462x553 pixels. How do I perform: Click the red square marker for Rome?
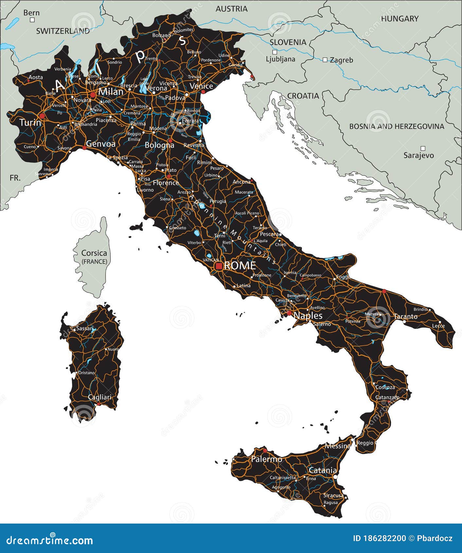[219, 266]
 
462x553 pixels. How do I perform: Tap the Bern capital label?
[31, 13]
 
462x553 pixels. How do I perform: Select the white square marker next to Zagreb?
[325, 60]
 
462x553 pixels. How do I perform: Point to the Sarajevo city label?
[418, 155]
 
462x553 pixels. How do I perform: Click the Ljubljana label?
[280, 59]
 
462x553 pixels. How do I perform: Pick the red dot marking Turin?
[42, 116]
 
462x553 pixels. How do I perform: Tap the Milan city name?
[111, 92]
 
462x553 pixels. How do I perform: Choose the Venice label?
[201, 86]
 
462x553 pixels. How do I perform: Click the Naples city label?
[308, 315]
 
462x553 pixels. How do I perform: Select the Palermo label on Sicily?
[266, 459]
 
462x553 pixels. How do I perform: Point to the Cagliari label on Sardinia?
[99, 397]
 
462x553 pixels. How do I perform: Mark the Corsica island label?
[94, 253]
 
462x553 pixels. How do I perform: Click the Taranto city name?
[405, 316]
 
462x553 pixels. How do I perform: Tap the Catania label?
[323, 470]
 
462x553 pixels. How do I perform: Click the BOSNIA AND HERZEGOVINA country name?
[397, 126]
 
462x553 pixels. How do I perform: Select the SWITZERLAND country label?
[63, 31]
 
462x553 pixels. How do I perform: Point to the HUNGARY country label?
[400, 19]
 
